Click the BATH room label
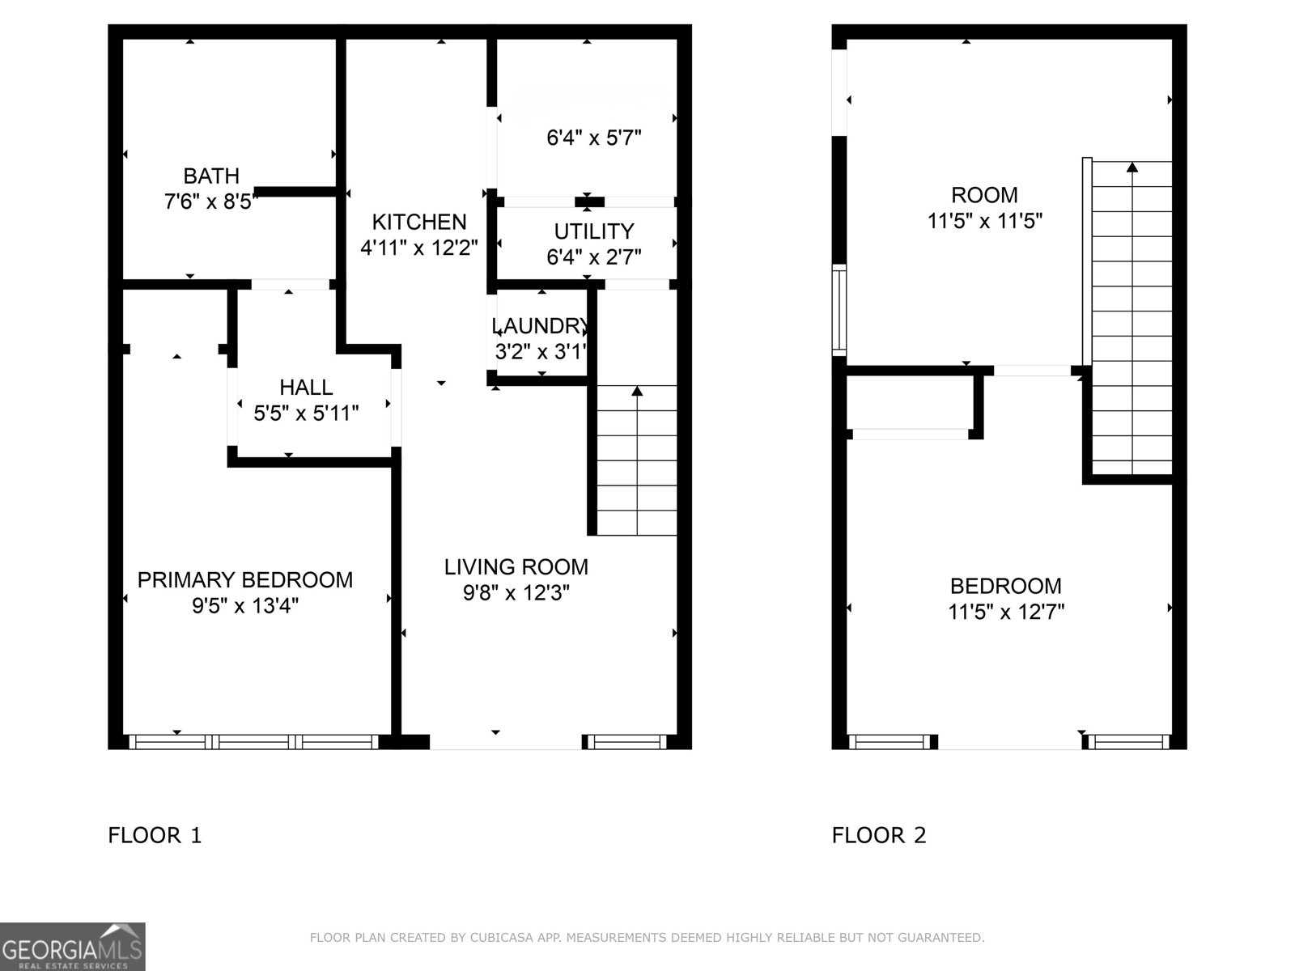pyautogui.click(x=211, y=176)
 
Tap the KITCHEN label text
pyautogui.click(x=419, y=222)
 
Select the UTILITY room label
pyautogui.click(x=593, y=231)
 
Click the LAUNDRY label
pyautogui.click(x=540, y=326)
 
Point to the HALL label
pyautogui.click(x=306, y=388)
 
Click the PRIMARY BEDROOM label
pyautogui.click(x=245, y=579)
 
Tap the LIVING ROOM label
pyautogui.click(x=516, y=566)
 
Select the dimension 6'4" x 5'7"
pyautogui.click(x=594, y=138)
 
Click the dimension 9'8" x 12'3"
pyautogui.click(x=516, y=593)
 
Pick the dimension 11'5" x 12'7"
pyautogui.click(x=1006, y=612)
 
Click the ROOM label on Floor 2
pyautogui.click(x=984, y=195)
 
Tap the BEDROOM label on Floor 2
pyautogui.click(x=1006, y=586)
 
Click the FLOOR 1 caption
pyautogui.click(x=155, y=835)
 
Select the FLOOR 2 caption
pyautogui.click(x=879, y=835)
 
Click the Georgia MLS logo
pyautogui.click(x=73, y=946)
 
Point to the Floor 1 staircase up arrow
pyautogui.click(x=637, y=392)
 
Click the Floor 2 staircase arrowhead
pyautogui.click(x=1132, y=167)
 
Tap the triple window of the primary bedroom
pyautogui.click(x=254, y=741)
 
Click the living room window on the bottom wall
pyautogui.click(x=626, y=741)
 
